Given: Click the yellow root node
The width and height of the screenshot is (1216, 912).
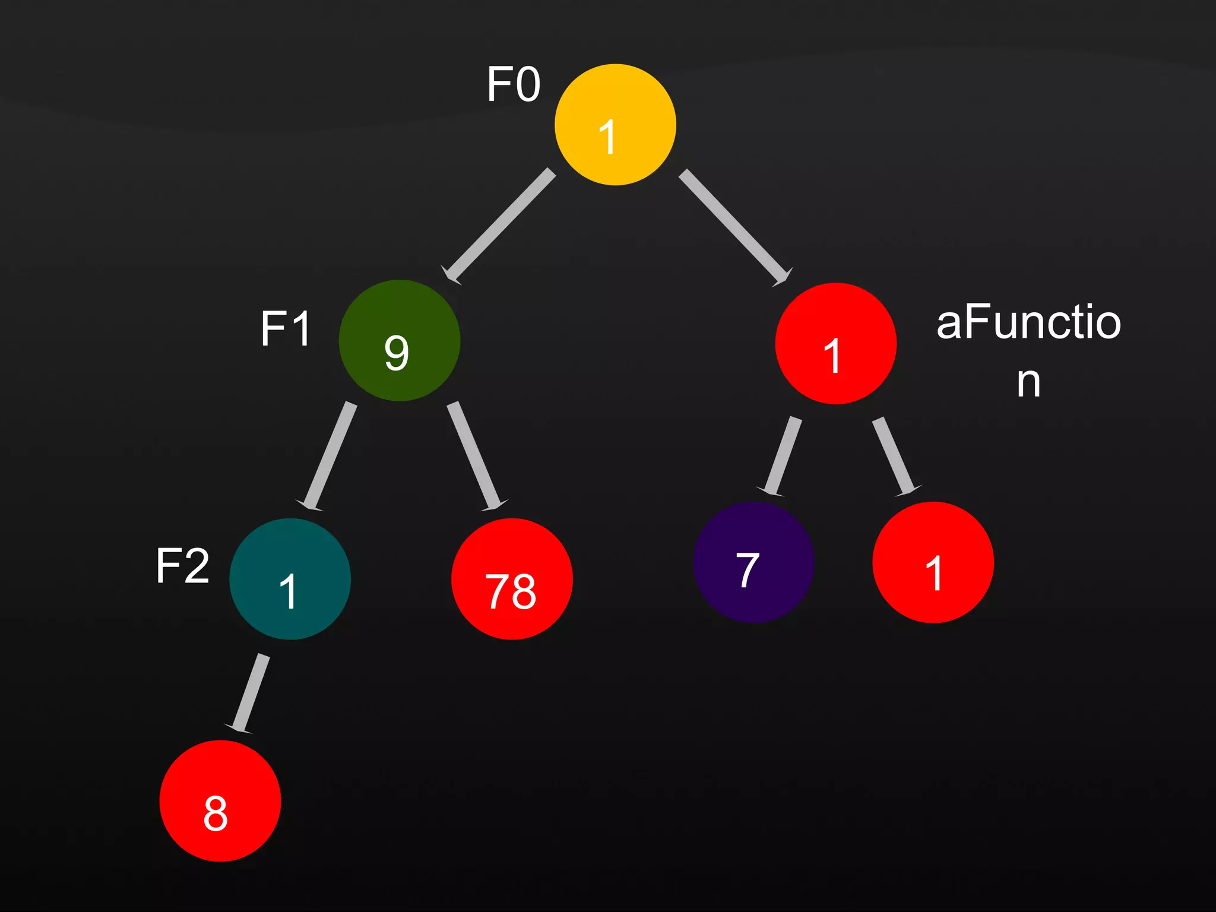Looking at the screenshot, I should (x=615, y=125).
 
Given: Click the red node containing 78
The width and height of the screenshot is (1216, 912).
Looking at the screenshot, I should (x=512, y=579).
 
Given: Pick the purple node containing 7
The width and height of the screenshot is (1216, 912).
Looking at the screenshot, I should (x=753, y=562).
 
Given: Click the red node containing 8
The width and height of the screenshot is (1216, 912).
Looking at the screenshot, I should (x=220, y=800).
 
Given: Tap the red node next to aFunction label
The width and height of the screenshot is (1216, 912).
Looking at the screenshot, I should (x=835, y=343).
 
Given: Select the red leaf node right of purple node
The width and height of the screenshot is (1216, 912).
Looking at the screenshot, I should (x=933, y=562).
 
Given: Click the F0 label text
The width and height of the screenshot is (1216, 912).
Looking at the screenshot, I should (x=514, y=84).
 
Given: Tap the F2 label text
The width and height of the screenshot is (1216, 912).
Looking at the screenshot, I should (x=182, y=566).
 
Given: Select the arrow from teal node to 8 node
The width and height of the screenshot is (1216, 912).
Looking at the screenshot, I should (x=249, y=692).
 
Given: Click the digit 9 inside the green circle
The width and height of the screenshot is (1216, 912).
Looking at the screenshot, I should (x=397, y=353).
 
